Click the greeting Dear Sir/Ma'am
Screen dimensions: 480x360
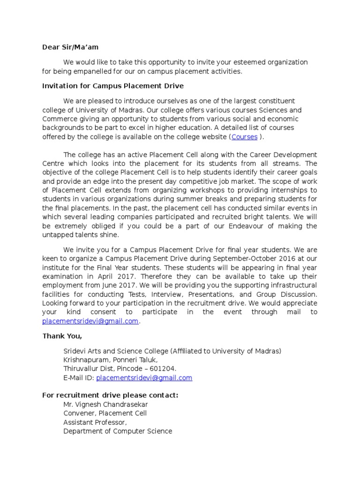71,47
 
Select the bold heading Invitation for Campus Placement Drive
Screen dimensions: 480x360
113,86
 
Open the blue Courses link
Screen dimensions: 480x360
244,137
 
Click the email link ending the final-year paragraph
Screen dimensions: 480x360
90,321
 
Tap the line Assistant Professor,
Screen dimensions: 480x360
95,422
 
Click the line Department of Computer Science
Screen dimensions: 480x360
118,431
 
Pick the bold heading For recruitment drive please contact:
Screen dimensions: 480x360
110,396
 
